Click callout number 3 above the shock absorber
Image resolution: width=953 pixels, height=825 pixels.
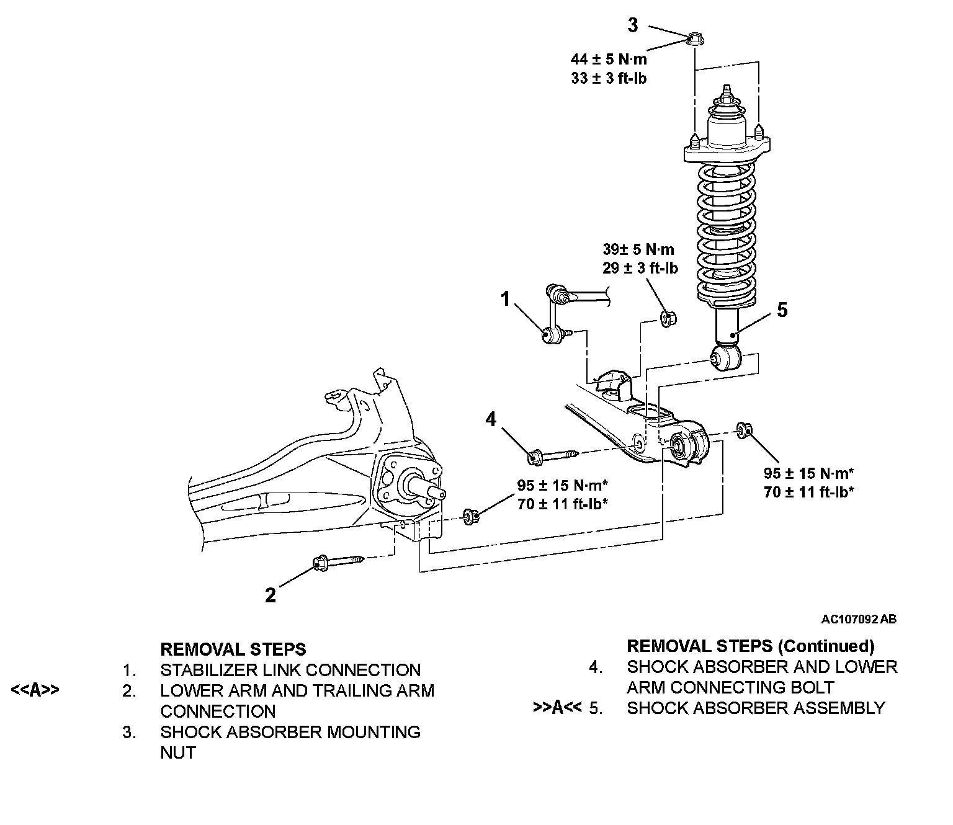[x=633, y=25]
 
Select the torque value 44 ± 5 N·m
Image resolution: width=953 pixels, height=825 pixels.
[x=609, y=60]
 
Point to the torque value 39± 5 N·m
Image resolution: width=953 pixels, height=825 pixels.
[x=638, y=249]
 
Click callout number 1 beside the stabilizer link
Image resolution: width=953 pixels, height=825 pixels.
[x=505, y=298]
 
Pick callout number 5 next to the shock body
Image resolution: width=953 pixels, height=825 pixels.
[x=782, y=310]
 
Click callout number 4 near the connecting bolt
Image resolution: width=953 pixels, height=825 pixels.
[x=491, y=419]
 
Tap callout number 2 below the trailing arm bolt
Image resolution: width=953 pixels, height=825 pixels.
[x=270, y=595]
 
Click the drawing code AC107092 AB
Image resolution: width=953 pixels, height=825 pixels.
[x=859, y=619]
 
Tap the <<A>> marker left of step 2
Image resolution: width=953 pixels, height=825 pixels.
[x=35, y=690]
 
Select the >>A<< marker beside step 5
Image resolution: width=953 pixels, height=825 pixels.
[x=557, y=708]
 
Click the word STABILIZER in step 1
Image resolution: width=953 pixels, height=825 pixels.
[x=209, y=670]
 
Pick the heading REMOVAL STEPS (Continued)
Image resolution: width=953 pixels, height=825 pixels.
[x=751, y=646]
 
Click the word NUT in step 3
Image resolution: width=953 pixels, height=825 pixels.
[x=178, y=752]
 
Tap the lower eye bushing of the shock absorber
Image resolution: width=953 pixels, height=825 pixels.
[x=726, y=358]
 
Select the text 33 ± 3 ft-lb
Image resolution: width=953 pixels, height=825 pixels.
[x=609, y=78]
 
